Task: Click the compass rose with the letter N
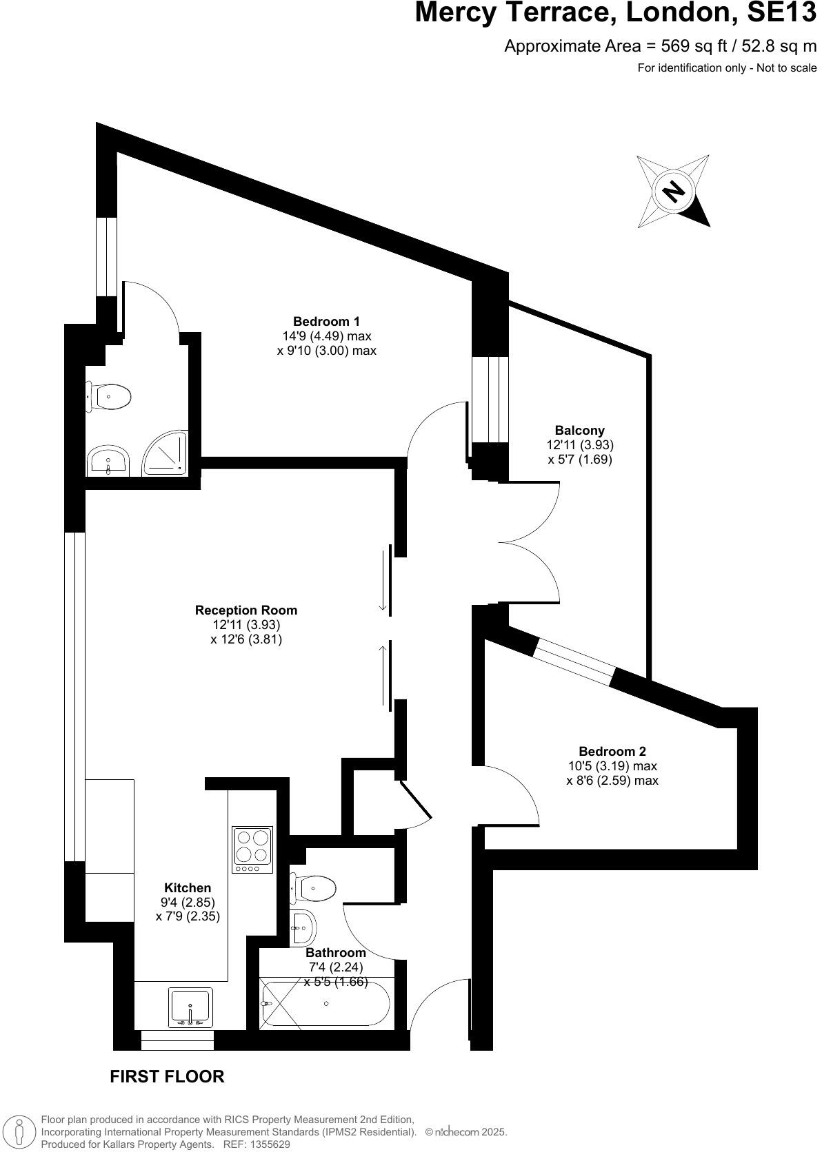[x=672, y=191]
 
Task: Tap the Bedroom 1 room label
[x=326, y=321]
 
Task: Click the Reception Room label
[x=246, y=610]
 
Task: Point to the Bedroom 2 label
[x=612, y=751]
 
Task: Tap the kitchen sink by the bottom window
[x=190, y=1007]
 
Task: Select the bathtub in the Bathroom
[x=325, y=1004]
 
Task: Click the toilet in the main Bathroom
[x=314, y=888]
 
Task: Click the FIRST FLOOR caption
[x=167, y=1076]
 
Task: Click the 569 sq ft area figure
[x=690, y=46]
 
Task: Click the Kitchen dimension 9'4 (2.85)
[x=188, y=902]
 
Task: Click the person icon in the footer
[x=20, y=1132]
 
